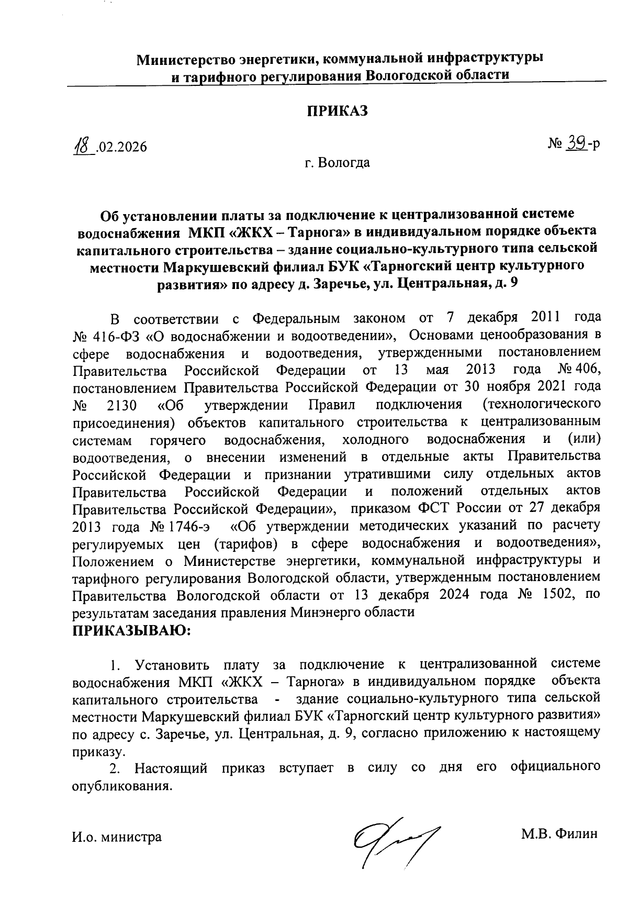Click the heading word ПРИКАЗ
[338, 111]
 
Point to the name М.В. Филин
[558, 834]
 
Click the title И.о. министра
[116, 837]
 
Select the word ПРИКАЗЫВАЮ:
[132, 631]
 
